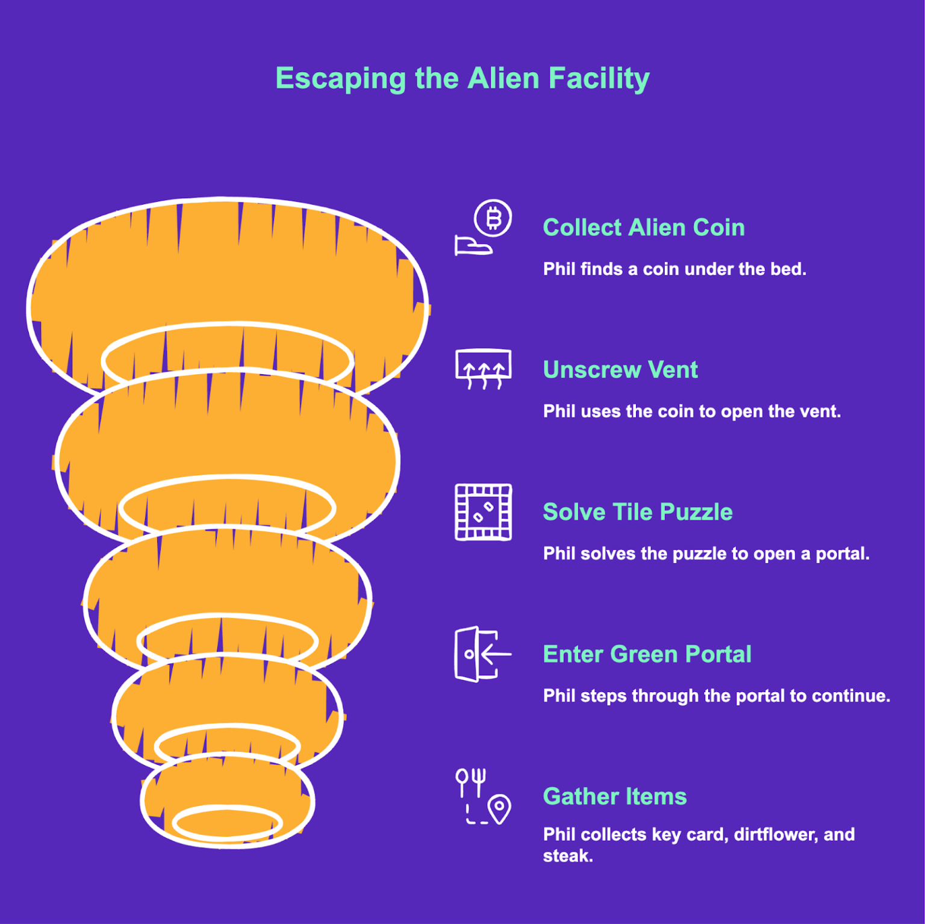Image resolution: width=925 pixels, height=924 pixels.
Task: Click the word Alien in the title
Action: (503, 78)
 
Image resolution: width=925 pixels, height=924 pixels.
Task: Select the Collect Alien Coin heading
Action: (643, 228)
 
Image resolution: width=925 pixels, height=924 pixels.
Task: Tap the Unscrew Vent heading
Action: (620, 370)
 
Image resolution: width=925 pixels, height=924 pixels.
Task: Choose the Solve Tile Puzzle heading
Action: (637, 512)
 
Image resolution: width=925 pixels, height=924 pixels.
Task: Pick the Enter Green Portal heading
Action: (647, 654)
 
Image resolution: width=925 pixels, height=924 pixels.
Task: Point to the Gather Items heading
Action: (614, 796)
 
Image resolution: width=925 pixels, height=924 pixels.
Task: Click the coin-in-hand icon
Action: (483, 228)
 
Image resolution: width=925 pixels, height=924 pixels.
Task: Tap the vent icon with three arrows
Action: (483, 369)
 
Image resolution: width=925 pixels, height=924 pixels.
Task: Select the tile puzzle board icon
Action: (483, 512)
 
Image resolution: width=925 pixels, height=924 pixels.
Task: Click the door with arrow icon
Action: (482, 654)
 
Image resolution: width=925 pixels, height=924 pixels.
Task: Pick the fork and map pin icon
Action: (483, 796)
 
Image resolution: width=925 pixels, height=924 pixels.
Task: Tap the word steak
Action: (567, 856)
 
